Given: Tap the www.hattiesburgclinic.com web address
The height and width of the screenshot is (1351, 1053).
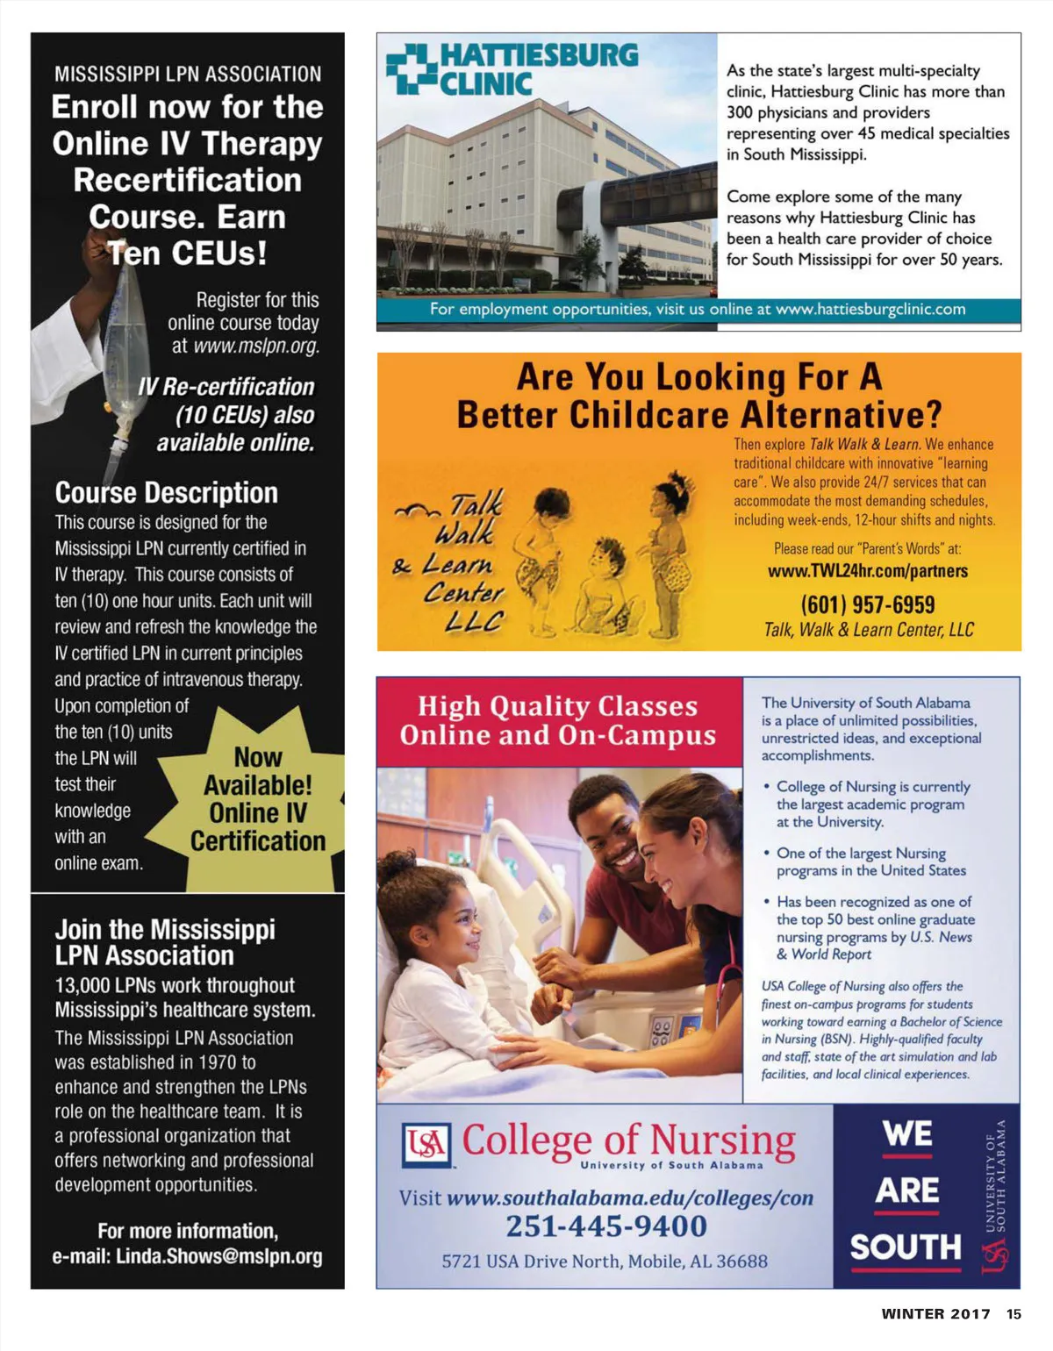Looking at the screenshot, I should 870,310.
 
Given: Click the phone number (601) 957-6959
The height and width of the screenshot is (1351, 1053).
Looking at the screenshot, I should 867,604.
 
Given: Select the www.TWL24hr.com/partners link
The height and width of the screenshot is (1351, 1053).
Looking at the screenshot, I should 867,571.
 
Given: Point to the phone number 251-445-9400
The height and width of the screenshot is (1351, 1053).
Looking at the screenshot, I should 605,1226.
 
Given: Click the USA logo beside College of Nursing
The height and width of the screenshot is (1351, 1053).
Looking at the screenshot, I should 426,1145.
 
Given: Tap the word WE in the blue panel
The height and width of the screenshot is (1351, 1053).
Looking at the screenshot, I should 907,1133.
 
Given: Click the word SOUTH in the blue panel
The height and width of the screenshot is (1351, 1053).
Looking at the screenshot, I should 906,1247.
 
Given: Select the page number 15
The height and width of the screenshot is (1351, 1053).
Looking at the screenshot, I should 1014,1314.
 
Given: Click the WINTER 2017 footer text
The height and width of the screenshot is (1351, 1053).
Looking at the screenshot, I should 935,1314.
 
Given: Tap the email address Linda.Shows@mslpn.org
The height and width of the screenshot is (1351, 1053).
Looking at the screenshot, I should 218,1256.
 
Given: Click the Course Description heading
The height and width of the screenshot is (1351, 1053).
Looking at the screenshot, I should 167,493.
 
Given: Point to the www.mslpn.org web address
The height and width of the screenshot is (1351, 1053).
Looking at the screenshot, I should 256,347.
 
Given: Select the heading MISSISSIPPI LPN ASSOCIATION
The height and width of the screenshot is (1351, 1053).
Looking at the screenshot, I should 188,75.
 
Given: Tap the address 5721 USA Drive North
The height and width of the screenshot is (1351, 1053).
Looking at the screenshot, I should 604,1262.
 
